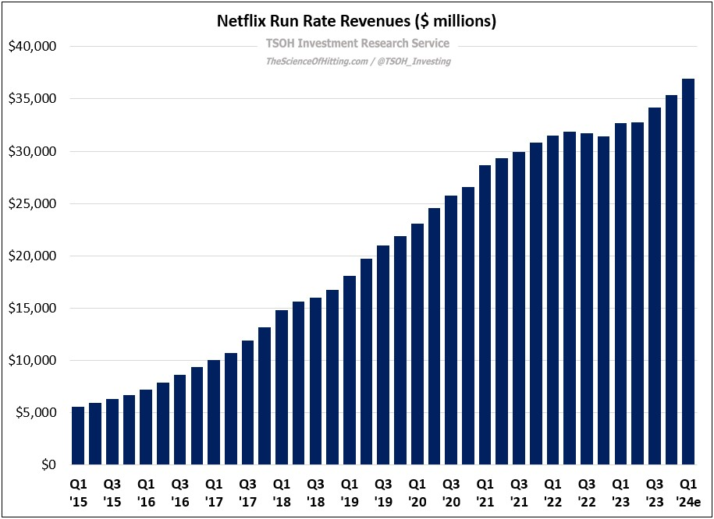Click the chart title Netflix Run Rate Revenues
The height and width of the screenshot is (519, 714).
click(356, 21)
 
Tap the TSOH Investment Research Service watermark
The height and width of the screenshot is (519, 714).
click(357, 44)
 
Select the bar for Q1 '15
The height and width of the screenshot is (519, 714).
click(78, 436)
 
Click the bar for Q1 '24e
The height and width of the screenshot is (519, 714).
click(688, 272)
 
